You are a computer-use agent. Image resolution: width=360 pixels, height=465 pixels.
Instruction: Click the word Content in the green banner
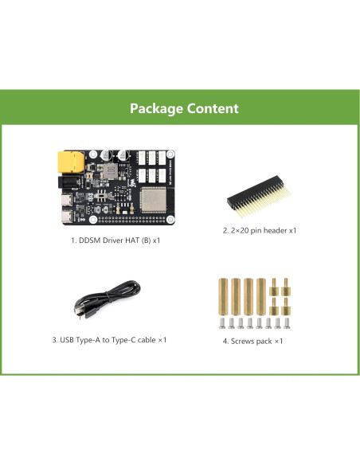(x=211, y=108)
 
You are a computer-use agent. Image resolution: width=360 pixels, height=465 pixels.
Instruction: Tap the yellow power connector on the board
(x=69, y=163)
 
